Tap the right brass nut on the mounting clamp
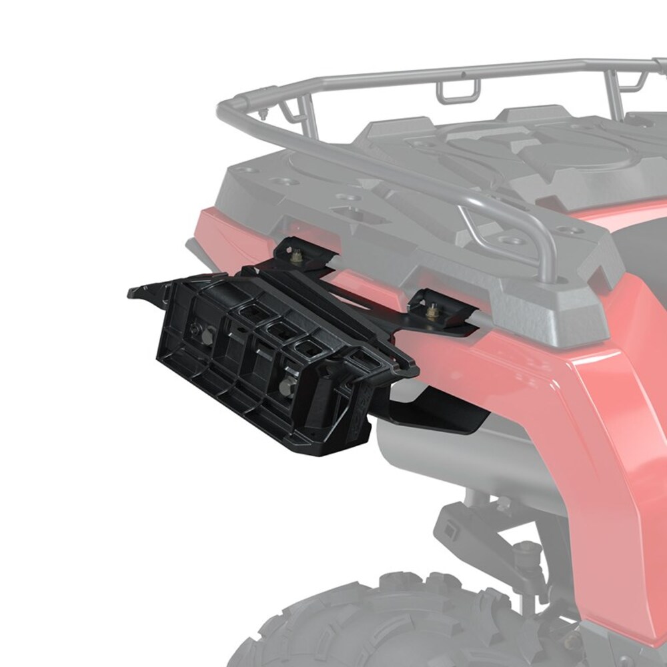pos(432,308)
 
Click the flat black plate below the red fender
pos(440,414)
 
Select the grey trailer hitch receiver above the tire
pos(460,527)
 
